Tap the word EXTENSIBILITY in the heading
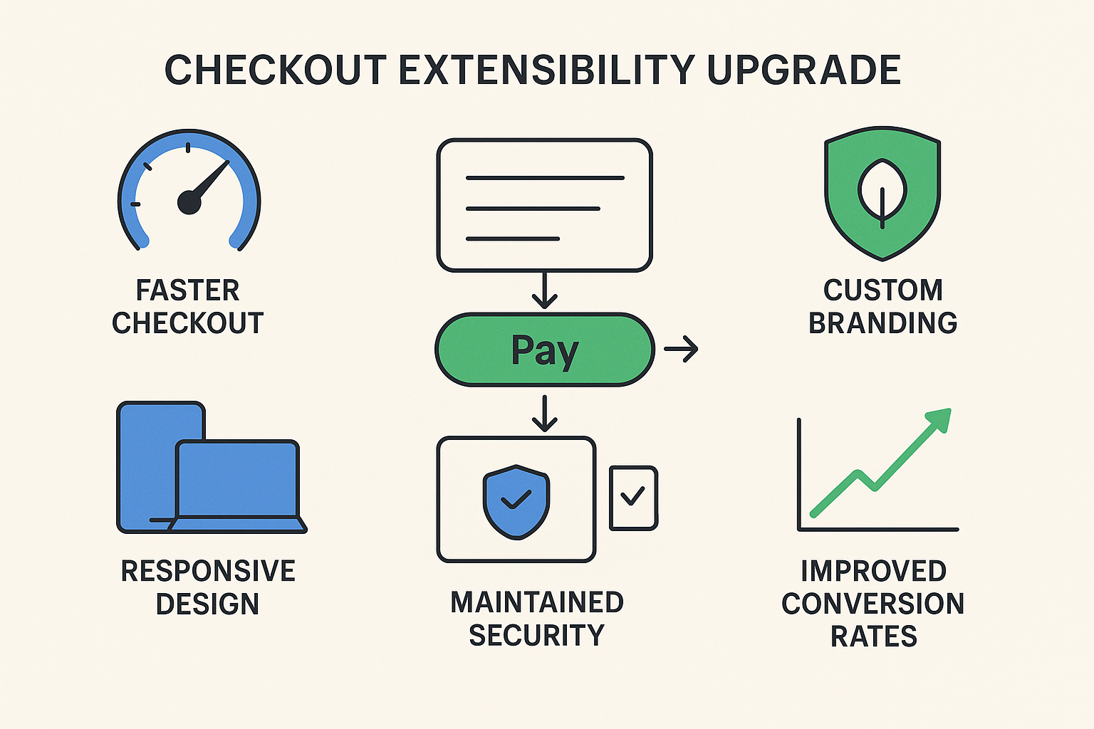(x=546, y=70)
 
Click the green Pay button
(x=545, y=350)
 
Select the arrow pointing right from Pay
(x=681, y=349)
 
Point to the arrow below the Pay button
(x=545, y=414)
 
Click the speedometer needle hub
(x=189, y=202)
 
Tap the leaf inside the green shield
(x=882, y=190)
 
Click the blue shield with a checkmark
(x=516, y=500)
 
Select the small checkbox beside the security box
(x=633, y=498)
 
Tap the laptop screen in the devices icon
(x=237, y=478)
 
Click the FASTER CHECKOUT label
(x=188, y=307)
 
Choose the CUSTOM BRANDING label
(x=882, y=307)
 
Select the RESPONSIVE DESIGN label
(x=208, y=587)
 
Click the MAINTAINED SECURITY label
(x=537, y=619)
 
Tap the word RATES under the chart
(x=874, y=636)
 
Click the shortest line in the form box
(x=512, y=238)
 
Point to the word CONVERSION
(x=872, y=604)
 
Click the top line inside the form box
(x=545, y=178)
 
